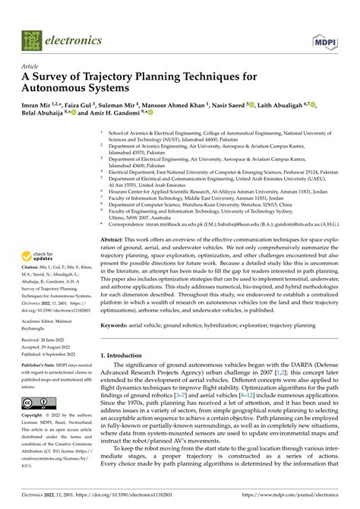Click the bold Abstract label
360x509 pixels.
coord(115,238)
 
